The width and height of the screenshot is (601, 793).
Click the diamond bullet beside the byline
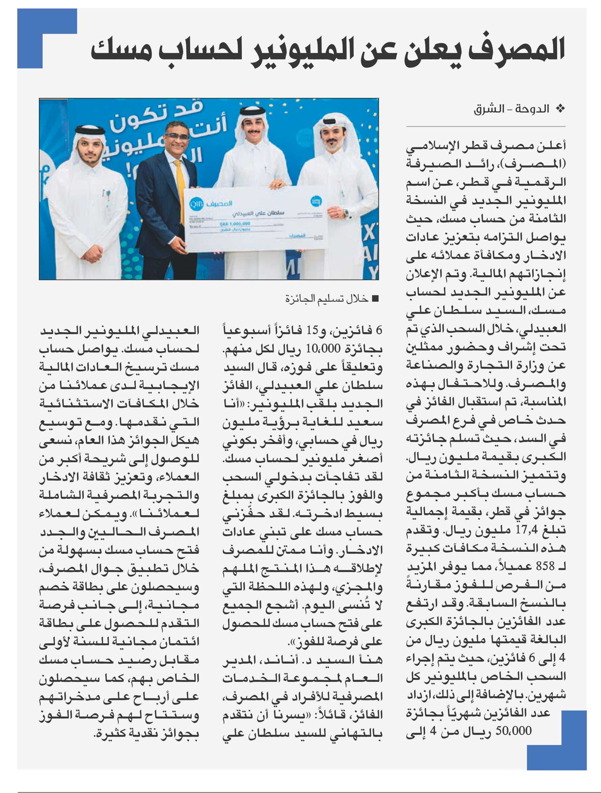(x=560, y=108)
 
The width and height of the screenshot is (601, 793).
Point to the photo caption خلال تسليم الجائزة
(x=326, y=299)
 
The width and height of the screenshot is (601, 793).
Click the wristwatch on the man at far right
(x=346, y=214)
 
